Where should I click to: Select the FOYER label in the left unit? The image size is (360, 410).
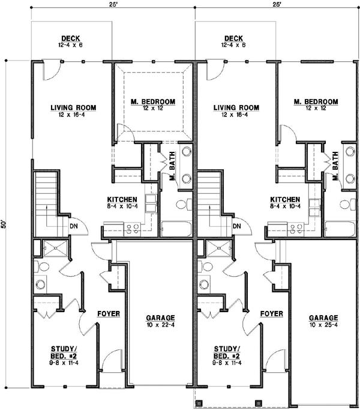coord(109,314)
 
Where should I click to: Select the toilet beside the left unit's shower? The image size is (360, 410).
coord(37,266)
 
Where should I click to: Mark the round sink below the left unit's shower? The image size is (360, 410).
coord(41,285)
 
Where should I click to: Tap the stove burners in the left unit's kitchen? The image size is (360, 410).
coord(132,228)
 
